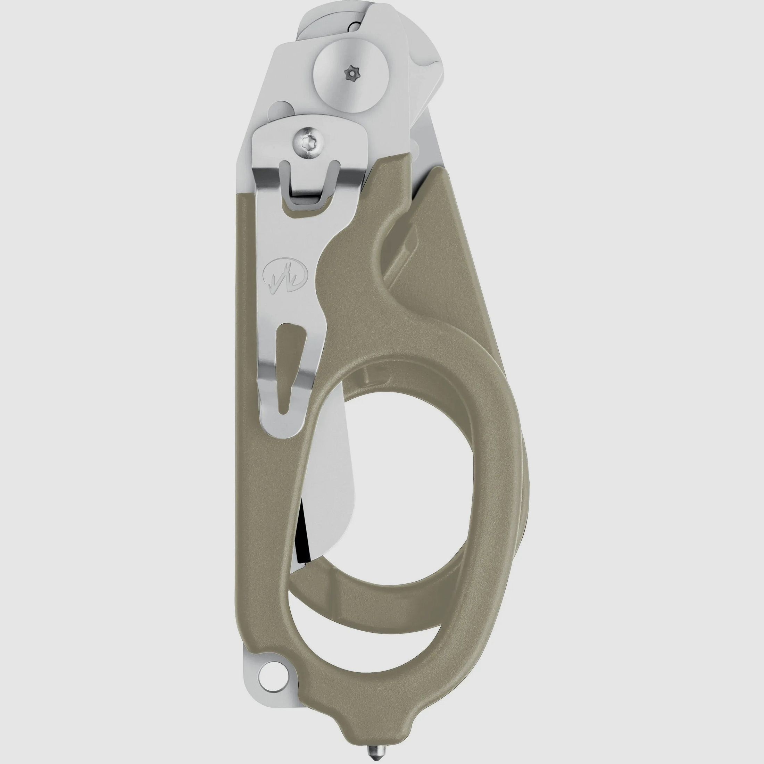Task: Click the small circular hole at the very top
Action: tap(355, 27)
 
